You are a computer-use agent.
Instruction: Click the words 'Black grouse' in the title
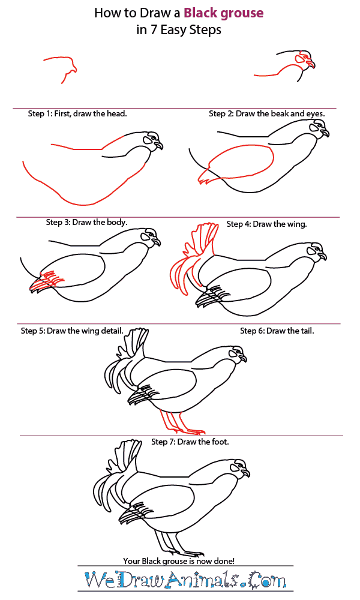tap(223, 13)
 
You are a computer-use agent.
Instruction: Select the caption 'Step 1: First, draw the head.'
tap(77, 113)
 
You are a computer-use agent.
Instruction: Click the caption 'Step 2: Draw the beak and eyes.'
tap(266, 113)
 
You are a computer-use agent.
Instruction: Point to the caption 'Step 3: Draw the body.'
tap(86, 222)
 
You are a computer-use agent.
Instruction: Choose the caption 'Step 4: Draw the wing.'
tap(266, 224)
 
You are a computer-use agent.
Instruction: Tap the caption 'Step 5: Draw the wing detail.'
tap(72, 331)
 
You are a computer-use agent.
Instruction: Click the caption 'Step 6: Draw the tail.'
tap(277, 331)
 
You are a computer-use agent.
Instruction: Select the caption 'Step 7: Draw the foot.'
tap(190, 442)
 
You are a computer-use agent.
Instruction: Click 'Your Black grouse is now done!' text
tap(179, 560)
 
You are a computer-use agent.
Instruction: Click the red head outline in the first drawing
tap(60, 66)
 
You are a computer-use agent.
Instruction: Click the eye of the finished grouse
tap(239, 465)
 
